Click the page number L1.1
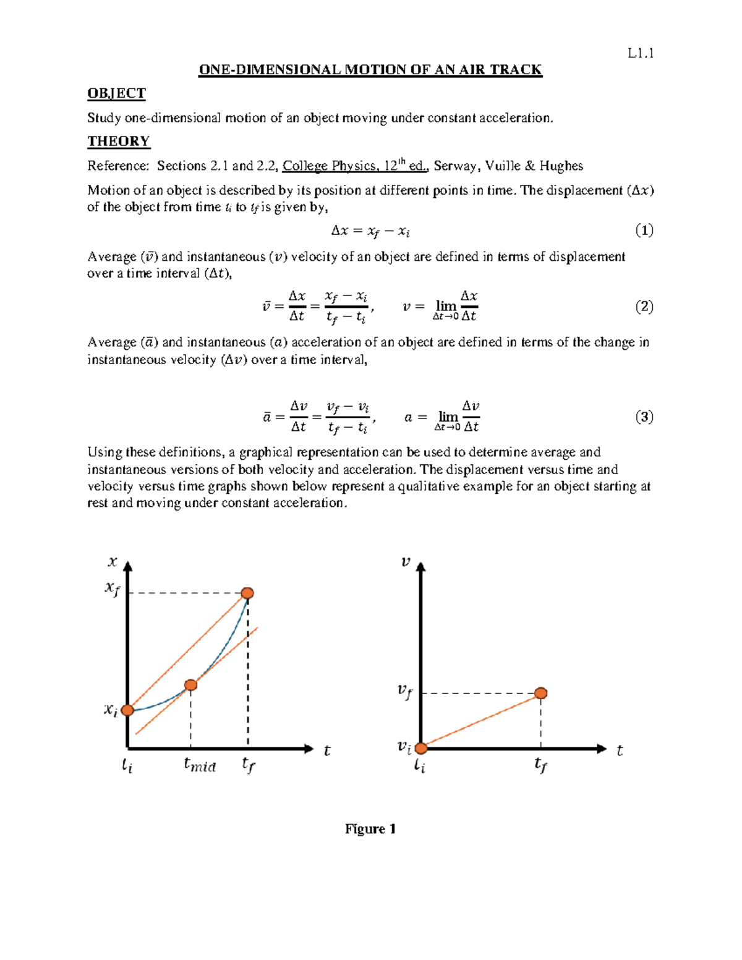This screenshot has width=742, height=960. click(641, 53)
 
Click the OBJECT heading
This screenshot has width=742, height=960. click(116, 93)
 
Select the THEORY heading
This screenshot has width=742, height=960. click(119, 141)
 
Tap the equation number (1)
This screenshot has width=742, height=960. click(644, 231)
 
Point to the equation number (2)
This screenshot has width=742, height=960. click(644, 307)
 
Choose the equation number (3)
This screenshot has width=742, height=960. click(644, 417)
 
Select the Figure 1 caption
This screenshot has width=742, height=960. click(370, 829)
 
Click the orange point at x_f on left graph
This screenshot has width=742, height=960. click(247, 593)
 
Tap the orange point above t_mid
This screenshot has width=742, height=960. click(191, 685)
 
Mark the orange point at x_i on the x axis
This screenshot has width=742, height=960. click(127, 710)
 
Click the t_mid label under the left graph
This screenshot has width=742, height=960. click(200, 765)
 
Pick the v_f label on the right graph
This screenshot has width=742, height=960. click(404, 691)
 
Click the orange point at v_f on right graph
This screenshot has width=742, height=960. click(541, 693)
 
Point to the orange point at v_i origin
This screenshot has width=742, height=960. click(421, 749)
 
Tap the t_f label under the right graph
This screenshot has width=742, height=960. click(541, 765)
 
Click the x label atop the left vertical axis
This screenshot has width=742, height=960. click(113, 561)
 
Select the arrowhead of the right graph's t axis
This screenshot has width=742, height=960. click(602, 749)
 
